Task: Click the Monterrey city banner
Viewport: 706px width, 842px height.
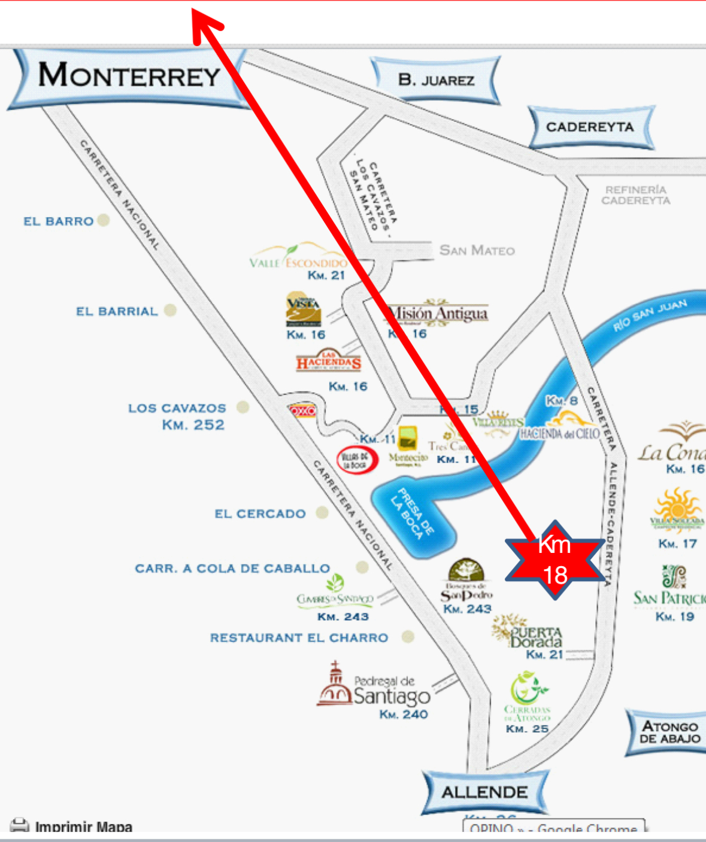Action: point(129,77)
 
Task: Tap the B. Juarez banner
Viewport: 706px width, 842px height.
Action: point(436,80)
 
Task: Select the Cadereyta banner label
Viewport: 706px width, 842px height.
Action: point(590,127)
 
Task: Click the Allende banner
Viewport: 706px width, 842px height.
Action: point(484,792)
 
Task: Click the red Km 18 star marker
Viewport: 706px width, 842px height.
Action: point(555,560)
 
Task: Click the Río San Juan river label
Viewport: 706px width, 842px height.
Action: point(650,315)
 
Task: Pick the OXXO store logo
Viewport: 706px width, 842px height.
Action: point(302,411)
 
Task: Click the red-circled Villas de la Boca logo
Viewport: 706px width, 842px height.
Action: point(357,460)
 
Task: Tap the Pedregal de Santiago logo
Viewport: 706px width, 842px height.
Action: point(374,685)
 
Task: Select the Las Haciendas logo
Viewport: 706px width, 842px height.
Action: point(328,361)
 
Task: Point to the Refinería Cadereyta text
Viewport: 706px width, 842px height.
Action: point(635,195)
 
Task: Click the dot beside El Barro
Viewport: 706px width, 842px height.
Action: point(104,220)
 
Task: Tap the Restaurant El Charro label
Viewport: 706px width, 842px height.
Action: point(299,638)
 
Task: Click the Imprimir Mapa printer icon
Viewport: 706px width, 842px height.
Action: point(19,826)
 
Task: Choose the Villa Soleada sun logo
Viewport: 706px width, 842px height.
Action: point(677,509)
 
